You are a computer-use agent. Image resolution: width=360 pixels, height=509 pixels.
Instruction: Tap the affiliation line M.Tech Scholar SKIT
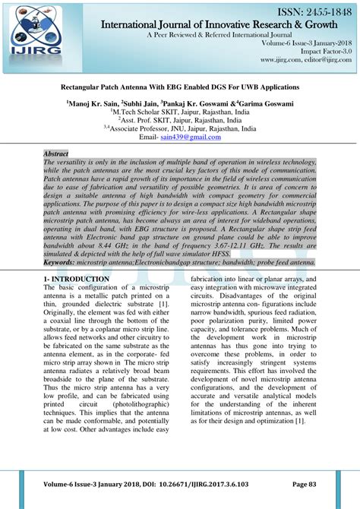179,111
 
